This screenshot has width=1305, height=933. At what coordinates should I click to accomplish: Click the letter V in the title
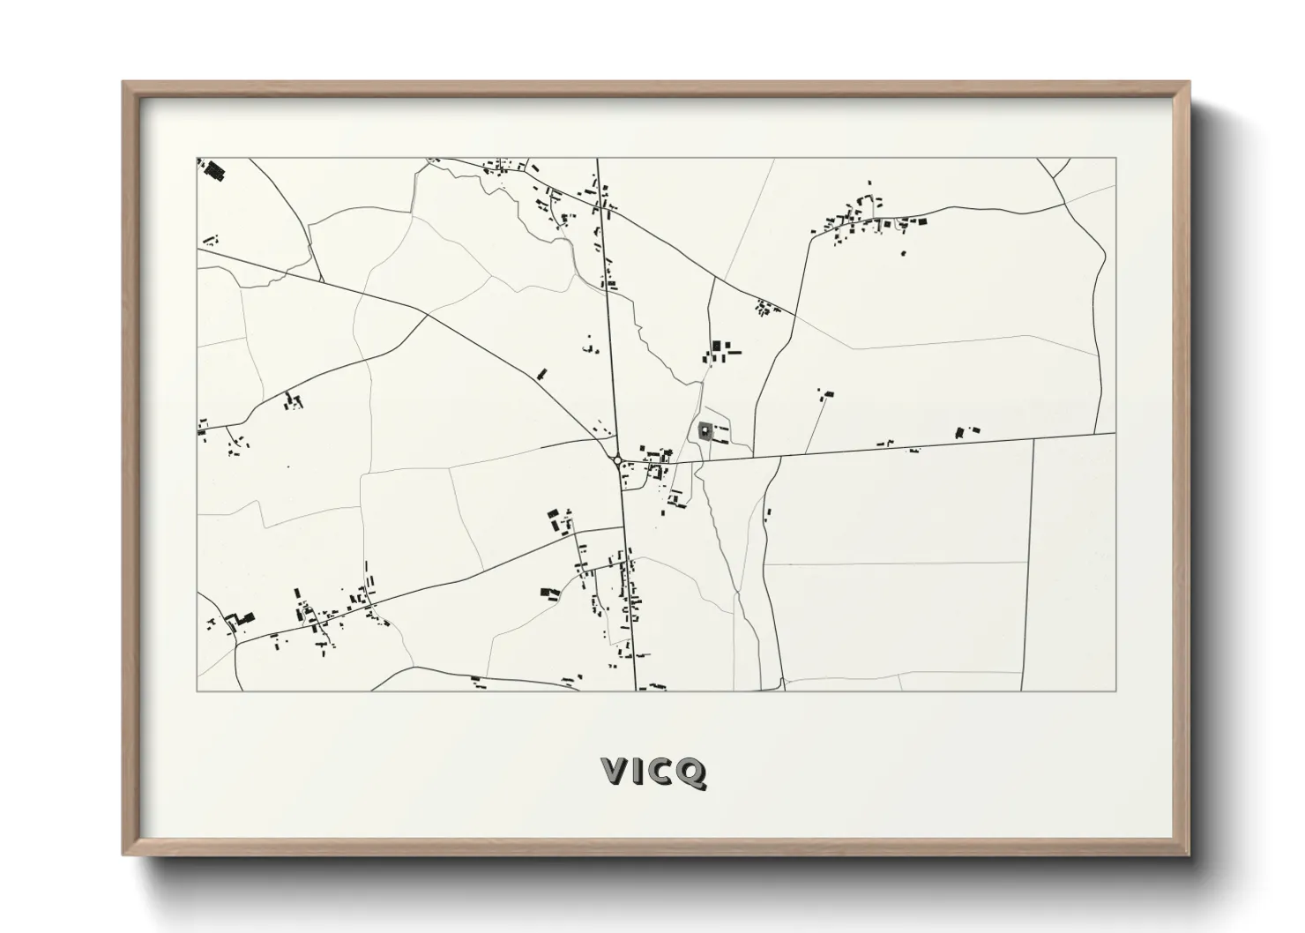pos(615,772)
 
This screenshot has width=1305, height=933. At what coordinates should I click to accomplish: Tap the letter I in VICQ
pos(641,772)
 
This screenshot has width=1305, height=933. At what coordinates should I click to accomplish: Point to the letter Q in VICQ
pos(692,773)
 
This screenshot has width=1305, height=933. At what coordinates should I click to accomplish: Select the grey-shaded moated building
pos(705,430)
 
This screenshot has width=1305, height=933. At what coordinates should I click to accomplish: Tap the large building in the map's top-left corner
pos(213,170)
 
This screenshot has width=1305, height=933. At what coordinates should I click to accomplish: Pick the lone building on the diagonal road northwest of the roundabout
pos(541,374)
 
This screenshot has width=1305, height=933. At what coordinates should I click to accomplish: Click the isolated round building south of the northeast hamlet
pos(902,254)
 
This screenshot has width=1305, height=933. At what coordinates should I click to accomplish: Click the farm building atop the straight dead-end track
pos(826,394)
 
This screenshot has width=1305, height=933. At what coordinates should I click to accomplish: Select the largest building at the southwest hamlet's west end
pos(242,617)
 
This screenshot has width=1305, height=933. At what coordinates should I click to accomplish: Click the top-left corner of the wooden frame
pos(123,83)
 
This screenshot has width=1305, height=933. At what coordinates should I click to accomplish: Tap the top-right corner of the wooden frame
pos(1189,83)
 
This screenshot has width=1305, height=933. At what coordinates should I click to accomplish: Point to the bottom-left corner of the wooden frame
pos(123,855)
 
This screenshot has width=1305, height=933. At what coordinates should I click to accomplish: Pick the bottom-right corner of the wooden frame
pos(1189,855)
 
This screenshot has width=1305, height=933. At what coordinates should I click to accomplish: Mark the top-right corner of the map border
pos(1116,158)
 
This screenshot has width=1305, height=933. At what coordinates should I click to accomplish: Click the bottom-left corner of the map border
pos(198,691)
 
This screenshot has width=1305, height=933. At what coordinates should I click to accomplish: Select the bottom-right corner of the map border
pos(1116,691)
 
